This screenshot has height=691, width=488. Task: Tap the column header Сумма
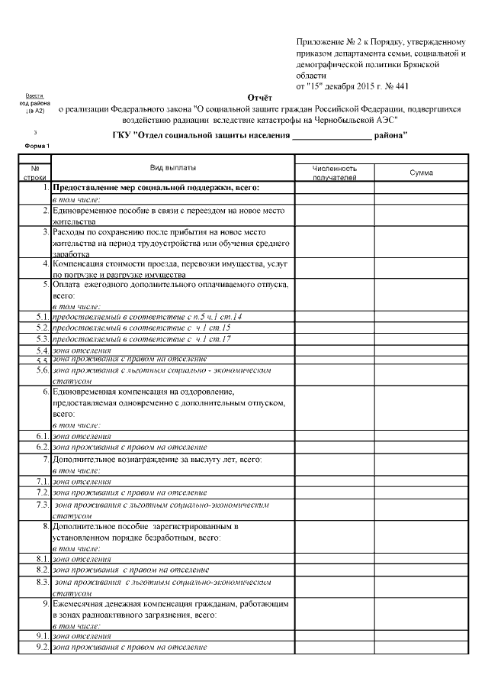pyautogui.click(x=421, y=173)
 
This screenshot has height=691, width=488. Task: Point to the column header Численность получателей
pyautogui.click(x=334, y=173)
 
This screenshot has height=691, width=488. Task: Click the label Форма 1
pyautogui.click(x=37, y=145)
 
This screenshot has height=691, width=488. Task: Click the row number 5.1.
pyautogui.click(x=42, y=316)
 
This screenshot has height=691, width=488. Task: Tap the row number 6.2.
pyautogui.click(x=42, y=447)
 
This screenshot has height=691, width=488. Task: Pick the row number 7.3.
pyautogui.click(x=42, y=505)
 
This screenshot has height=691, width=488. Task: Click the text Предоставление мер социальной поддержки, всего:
pyautogui.click(x=156, y=187)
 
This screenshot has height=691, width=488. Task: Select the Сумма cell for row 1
pyautogui.click(x=421, y=187)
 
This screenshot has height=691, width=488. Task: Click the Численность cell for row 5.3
pyautogui.click(x=334, y=338)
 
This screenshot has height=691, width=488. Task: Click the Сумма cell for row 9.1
pyautogui.click(x=421, y=636)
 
